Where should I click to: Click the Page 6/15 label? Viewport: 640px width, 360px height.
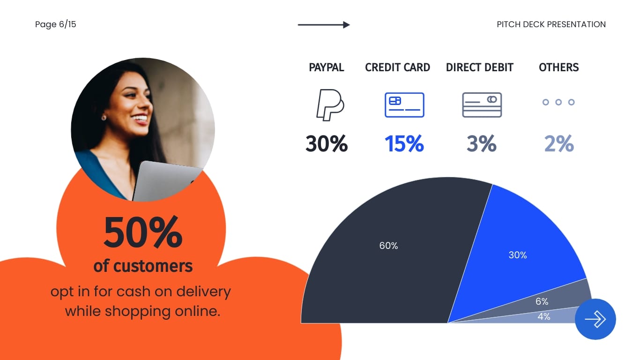tap(56, 24)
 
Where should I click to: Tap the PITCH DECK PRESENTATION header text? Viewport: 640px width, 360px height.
tap(551, 24)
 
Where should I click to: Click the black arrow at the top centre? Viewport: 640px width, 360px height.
tap(324, 25)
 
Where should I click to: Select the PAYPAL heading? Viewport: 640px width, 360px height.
tap(326, 67)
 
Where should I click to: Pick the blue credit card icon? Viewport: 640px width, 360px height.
tap(404, 105)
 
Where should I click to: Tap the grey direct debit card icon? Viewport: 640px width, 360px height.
tap(482, 105)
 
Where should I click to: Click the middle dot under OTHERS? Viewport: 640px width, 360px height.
tap(558, 102)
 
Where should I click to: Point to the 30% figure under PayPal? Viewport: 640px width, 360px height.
tap(327, 143)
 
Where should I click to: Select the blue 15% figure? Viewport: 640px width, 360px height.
tap(404, 143)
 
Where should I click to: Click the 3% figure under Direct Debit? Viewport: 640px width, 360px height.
tap(482, 143)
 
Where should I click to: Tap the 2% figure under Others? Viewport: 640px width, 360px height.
tap(559, 143)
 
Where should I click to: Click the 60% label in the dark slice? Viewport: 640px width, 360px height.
tap(388, 246)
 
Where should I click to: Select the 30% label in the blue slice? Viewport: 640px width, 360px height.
tap(518, 255)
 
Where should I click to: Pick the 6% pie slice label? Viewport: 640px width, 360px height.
tap(542, 301)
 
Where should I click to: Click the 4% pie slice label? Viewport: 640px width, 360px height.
tap(543, 316)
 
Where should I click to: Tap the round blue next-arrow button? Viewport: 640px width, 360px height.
tap(595, 319)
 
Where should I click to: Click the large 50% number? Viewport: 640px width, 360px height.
tap(143, 232)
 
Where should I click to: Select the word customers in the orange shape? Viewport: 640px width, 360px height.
tap(153, 266)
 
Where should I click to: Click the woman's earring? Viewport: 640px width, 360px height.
tap(104, 118)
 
